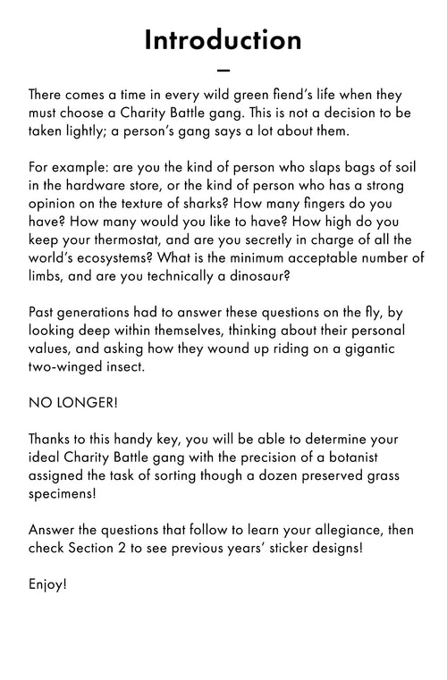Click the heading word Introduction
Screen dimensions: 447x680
[223, 40]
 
